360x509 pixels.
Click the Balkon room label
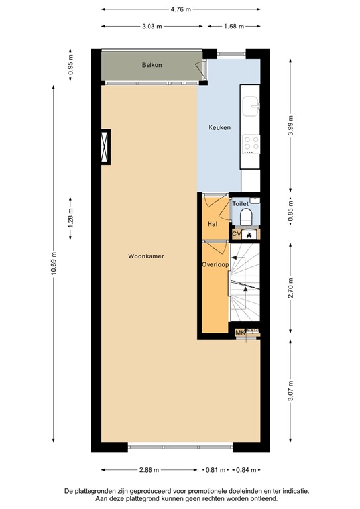(x=152, y=65)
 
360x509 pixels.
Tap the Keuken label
(x=219, y=127)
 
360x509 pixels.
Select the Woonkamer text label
(x=147, y=256)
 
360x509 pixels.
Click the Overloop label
(x=215, y=265)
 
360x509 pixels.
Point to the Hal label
(x=212, y=224)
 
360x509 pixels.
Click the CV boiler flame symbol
(x=249, y=234)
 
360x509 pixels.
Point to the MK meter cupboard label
(x=239, y=333)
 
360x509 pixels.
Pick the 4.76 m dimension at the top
(x=180, y=9)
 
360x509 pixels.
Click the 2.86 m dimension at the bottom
(x=150, y=471)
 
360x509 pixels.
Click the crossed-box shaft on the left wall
(x=105, y=146)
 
